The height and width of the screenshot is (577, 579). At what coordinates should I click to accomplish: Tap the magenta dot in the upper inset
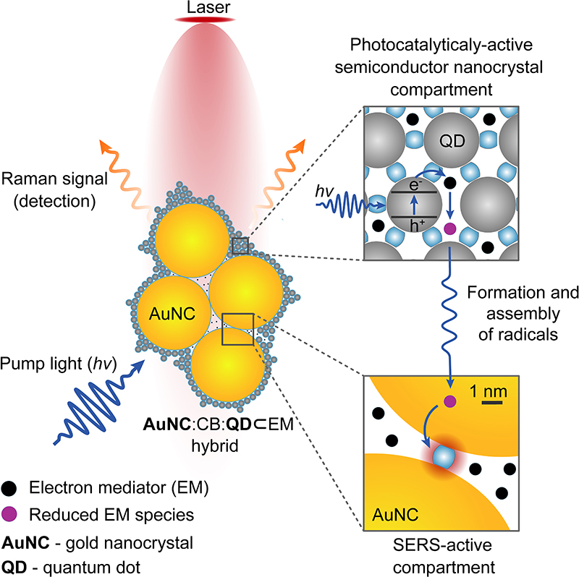click(x=449, y=229)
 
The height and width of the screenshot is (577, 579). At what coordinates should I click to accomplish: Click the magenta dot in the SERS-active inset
click(x=449, y=400)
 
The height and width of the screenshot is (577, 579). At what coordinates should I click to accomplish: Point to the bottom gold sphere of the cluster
click(x=228, y=372)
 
